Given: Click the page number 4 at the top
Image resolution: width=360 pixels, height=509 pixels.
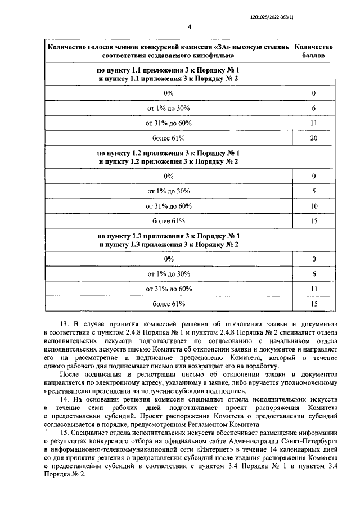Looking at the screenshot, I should click(190, 26).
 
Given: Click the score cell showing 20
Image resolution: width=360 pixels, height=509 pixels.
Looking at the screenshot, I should click(314, 137).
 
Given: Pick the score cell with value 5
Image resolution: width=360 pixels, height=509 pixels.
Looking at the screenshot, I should click(314, 191).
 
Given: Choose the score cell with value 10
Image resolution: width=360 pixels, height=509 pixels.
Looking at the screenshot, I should click(314, 206).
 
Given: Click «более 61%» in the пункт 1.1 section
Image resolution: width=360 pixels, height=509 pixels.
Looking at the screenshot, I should click(169, 137).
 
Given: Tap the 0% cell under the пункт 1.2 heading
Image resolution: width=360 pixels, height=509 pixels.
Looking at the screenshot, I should click(169, 176).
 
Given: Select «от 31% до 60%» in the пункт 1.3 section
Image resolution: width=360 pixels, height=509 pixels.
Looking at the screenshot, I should click(169, 289).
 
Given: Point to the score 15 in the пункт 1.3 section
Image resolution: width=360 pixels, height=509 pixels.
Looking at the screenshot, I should click(314, 304).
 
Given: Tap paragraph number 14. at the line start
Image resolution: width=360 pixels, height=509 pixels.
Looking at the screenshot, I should click(64, 399).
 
